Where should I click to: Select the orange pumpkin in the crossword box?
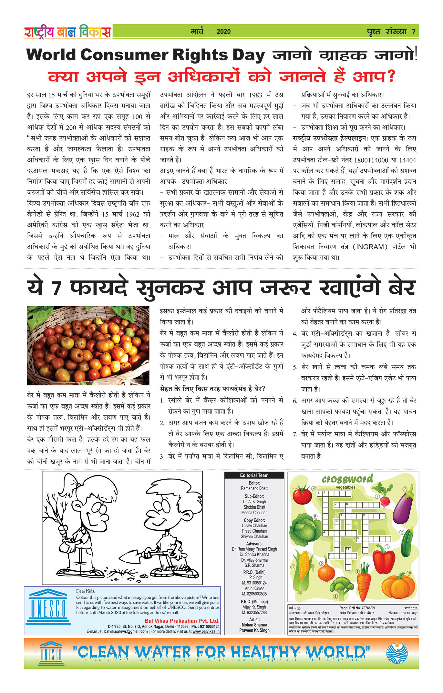398,585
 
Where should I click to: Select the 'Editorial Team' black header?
254,475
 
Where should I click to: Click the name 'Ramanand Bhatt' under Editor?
254,488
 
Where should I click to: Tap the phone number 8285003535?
254,594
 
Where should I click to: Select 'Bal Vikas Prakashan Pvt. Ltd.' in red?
182,621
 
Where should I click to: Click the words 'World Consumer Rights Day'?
145,55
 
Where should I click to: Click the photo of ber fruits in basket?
88,345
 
